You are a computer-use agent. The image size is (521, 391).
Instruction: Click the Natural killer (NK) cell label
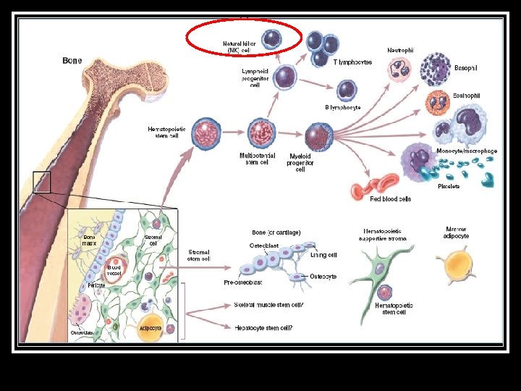pos(240,47)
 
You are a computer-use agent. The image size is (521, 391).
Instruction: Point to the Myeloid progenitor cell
pos(316,135)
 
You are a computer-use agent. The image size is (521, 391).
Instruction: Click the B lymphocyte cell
pos(347,89)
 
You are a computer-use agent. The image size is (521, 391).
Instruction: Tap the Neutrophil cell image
pos(398,70)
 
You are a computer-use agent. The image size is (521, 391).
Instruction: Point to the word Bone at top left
pos(72,61)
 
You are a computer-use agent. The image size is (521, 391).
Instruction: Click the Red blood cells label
pos(390,198)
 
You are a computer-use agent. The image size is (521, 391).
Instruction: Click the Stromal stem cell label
pos(199,255)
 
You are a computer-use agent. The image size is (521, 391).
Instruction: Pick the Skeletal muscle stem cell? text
pos(268,306)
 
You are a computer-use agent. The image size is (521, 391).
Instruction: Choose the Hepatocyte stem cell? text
pos(263,328)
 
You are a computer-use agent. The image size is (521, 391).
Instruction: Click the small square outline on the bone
pos(41,182)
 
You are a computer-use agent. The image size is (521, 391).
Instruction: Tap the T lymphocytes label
pos(353,62)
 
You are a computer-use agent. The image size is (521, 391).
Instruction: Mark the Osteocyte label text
pos(323,277)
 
